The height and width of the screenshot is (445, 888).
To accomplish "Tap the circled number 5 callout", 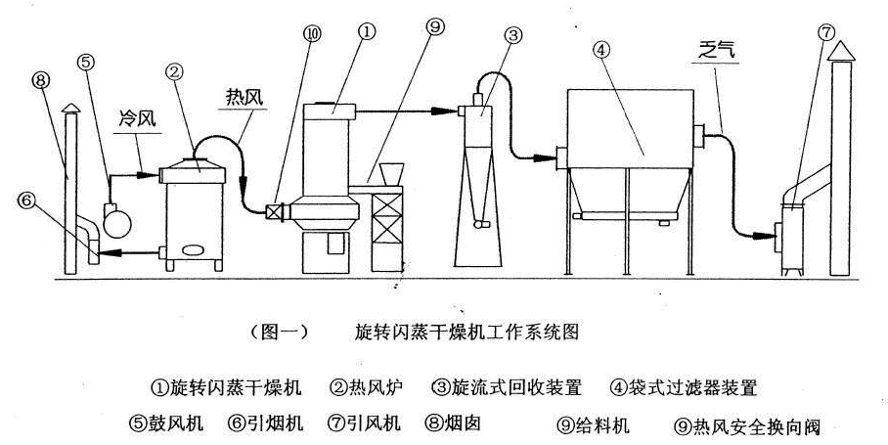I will click(x=87, y=62).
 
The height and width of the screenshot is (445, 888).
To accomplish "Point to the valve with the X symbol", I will click(x=277, y=209).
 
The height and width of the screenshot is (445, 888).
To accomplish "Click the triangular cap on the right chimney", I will click(x=839, y=52).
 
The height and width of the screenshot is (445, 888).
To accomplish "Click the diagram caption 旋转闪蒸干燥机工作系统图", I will click(x=465, y=331).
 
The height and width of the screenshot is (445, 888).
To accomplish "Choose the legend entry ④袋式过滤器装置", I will click(x=685, y=387).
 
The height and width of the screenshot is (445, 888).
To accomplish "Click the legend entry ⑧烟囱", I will click(x=452, y=424).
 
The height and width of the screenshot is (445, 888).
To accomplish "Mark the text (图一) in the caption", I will click(x=280, y=331).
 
